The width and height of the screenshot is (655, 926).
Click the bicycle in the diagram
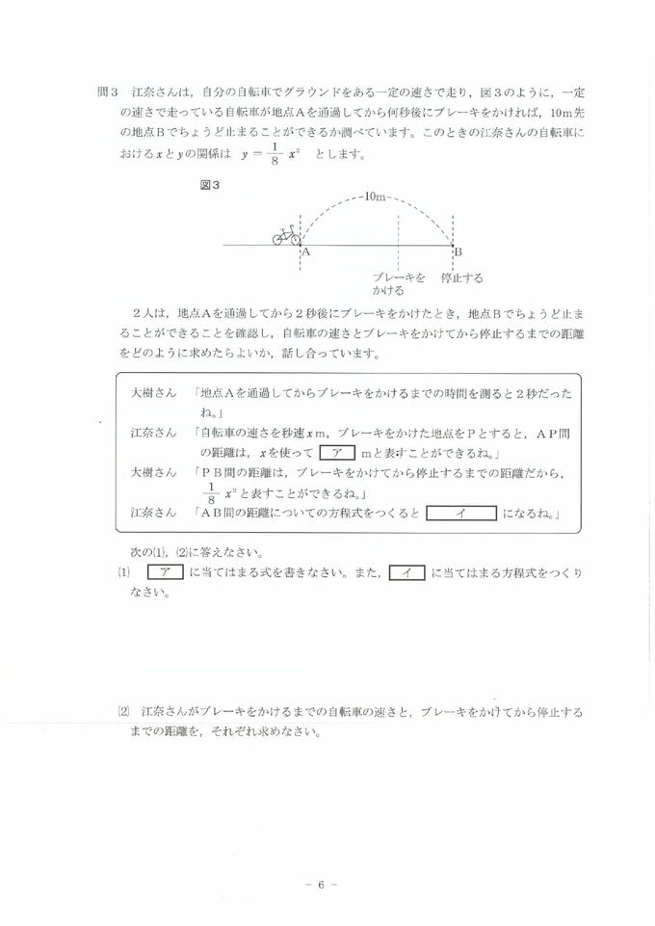(286, 234)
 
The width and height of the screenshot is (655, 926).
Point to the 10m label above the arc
(375, 198)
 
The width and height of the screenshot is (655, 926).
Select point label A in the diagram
(305, 251)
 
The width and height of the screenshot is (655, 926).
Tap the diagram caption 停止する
(461, 278)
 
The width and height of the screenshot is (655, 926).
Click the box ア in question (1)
(166, 572)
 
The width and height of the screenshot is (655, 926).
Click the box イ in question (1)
(406, 572)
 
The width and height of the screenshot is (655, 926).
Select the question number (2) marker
(122, 712)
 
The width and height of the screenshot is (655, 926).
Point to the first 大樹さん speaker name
(153, 394)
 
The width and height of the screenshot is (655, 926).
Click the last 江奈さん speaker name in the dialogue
(153, 513)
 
